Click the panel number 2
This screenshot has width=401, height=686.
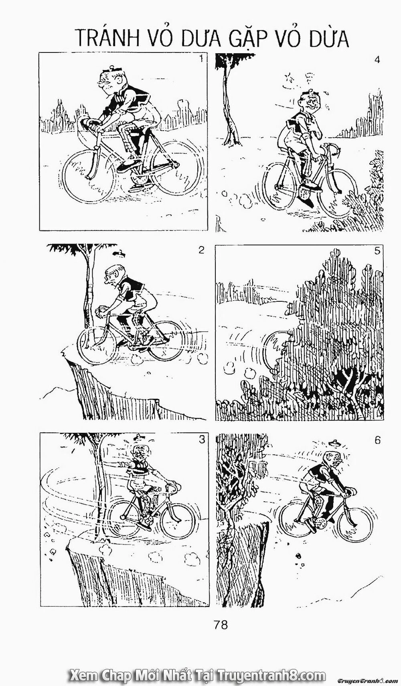pyautogui.click(x=201, y=250)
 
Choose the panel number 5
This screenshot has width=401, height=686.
pyautogui.click(x=377, y=251)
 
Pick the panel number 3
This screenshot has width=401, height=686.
pyautogui.click(x=202, y=440)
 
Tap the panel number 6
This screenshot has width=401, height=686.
pyautogui.click(x=377, y=440)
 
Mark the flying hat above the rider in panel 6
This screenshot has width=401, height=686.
pyautogui.click(x=334, y=443)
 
